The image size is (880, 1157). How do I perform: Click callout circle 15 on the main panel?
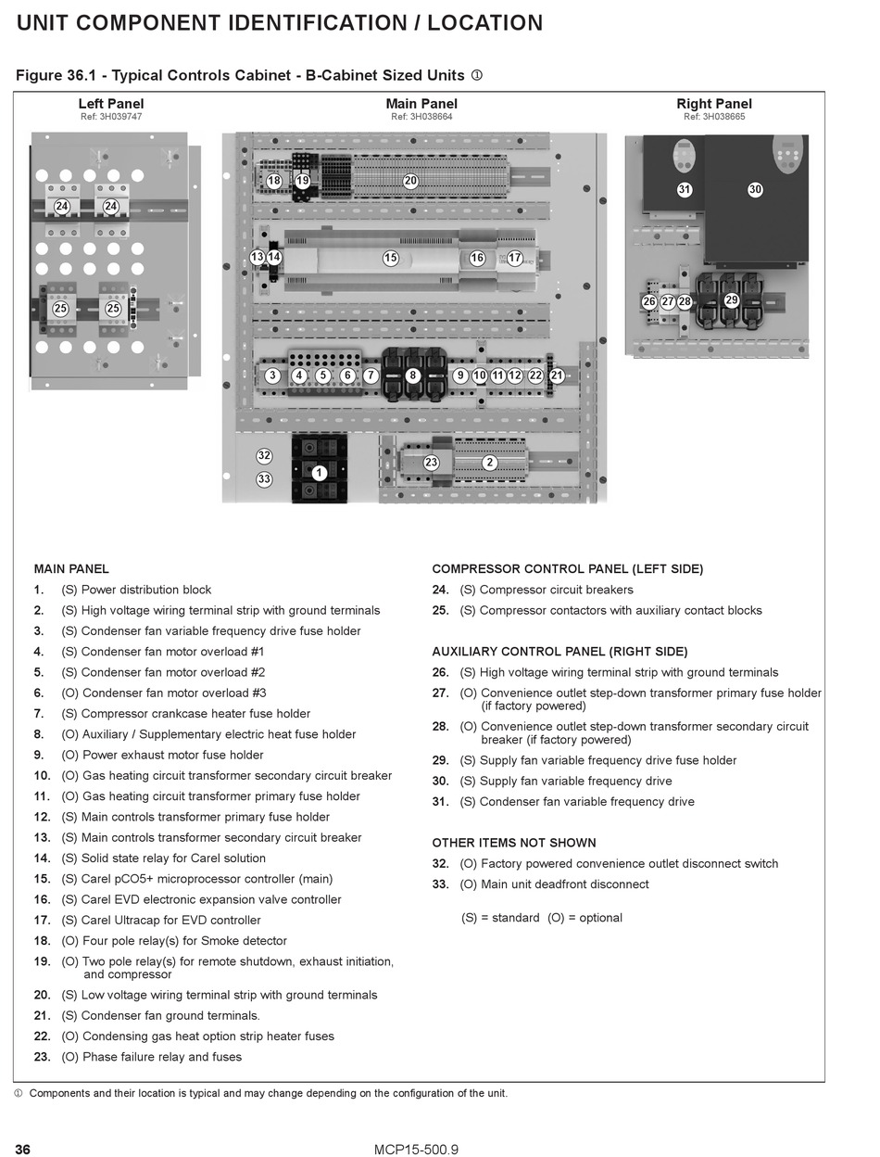tap(391, 259)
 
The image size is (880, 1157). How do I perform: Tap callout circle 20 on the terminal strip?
tap(410, 181)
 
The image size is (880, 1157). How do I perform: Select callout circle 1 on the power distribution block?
tap(319, 473)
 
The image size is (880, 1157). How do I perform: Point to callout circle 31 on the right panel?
tap(685, 189)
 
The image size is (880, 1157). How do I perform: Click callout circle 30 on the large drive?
tap(755, 189)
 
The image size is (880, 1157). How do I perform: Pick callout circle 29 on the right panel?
tap(731, 300)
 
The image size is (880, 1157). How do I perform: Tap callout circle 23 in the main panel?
tap(431, 463)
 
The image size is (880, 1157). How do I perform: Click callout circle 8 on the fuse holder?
tap(413, 375)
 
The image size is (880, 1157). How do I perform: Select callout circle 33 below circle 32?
tap(264, 479)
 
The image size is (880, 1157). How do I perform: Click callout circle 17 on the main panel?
tap(515, 259)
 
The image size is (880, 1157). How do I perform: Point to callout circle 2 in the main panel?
tap(490, 463)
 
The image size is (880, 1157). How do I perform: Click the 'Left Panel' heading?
tap(111, 104)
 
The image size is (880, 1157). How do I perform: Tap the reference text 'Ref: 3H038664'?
tap(421, 117)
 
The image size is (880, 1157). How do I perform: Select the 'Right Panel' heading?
tap(714, 104)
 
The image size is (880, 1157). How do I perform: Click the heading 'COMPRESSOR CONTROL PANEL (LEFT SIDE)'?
tap(568, 569)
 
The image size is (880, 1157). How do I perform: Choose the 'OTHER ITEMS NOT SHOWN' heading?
tap(514, 843)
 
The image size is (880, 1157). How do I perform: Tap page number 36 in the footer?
tap(23, 1150)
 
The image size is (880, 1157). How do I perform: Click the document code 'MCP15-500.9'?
tap(417, 1150)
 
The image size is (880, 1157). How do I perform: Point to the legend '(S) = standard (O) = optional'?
tap(542, 918)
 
